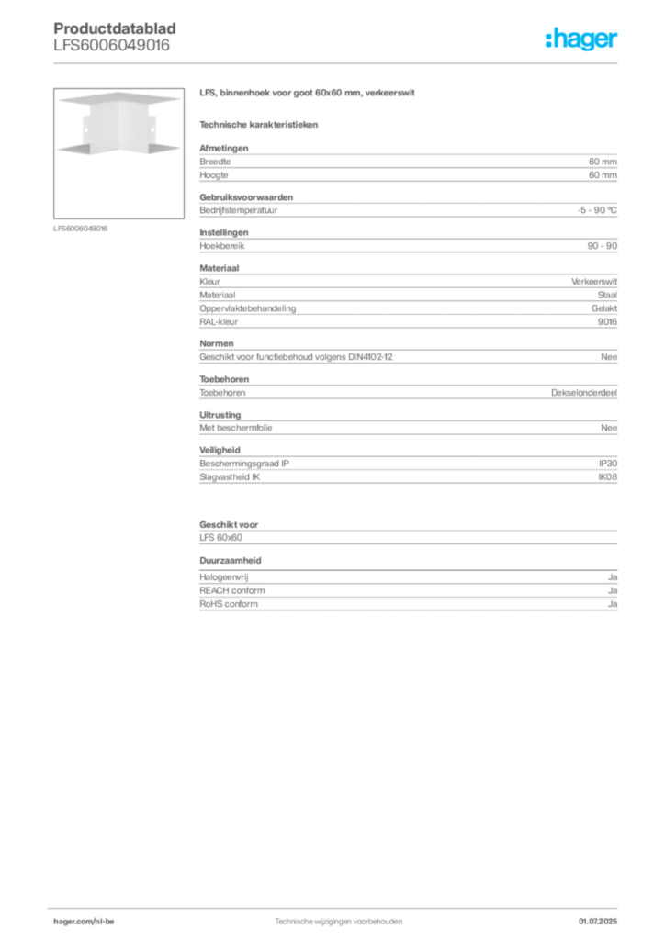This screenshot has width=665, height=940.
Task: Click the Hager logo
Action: (581, 39)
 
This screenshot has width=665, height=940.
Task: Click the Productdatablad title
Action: (115, 28)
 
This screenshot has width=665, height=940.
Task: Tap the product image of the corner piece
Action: (118, 153)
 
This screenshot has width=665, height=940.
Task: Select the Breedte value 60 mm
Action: (603, 162)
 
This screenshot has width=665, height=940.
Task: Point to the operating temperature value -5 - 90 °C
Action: (597, 210)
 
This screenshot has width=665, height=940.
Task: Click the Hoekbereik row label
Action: (222, 246)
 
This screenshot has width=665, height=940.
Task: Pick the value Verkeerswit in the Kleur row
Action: (594, 281)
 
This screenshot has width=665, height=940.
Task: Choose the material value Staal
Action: (607, 295)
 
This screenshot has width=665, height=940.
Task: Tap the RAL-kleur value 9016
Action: (607, 322)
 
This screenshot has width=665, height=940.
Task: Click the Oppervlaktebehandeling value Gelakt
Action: (604, 308)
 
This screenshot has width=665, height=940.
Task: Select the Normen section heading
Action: (217, 343)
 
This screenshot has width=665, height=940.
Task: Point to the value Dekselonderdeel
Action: (584, 393)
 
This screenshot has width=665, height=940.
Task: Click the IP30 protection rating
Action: (608, 464)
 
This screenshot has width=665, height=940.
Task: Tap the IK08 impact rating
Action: (607, 477)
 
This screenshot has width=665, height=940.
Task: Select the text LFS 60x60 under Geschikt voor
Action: (220, 538)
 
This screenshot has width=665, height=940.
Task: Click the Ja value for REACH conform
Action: (613, 590)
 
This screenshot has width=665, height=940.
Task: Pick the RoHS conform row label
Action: (229, 604)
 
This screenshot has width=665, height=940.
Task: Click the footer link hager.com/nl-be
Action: (84, 922)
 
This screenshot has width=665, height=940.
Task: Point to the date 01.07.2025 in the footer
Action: (598, 922)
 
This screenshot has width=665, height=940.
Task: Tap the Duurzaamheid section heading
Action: (231, 561)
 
